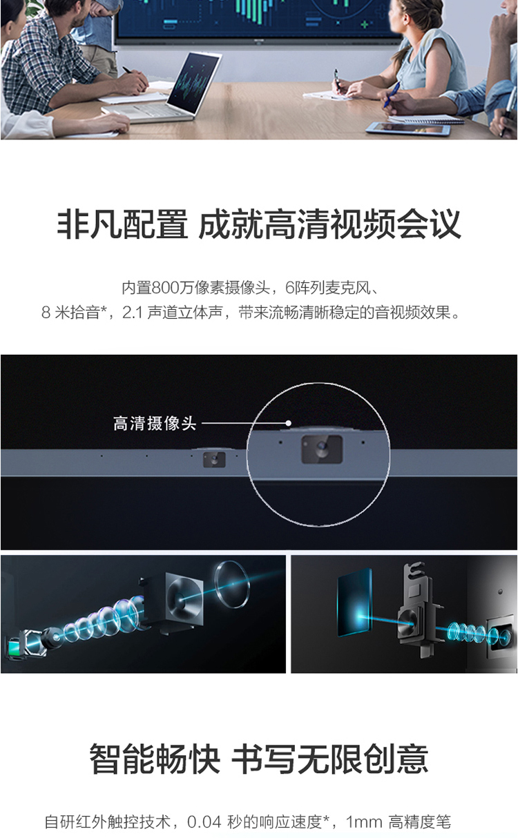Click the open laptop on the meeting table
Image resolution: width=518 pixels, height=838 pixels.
(164, 90)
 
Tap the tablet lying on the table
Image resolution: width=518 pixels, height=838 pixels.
(408, 128)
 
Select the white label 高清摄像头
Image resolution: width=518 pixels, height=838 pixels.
(155, 424)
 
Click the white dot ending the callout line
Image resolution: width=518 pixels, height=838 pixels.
(288, 423)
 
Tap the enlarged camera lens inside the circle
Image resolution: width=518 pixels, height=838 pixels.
(322, 447)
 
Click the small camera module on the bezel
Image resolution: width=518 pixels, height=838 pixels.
(214, 460)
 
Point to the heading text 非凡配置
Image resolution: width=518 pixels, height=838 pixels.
(122, 224)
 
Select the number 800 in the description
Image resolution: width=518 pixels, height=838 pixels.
(166, 288)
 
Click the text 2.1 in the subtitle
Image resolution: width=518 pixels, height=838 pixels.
(132, 313)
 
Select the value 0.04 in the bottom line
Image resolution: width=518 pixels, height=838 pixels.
(204, 822)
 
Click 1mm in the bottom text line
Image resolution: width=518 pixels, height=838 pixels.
(364, 822)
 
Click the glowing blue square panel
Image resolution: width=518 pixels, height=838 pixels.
(355, 603)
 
